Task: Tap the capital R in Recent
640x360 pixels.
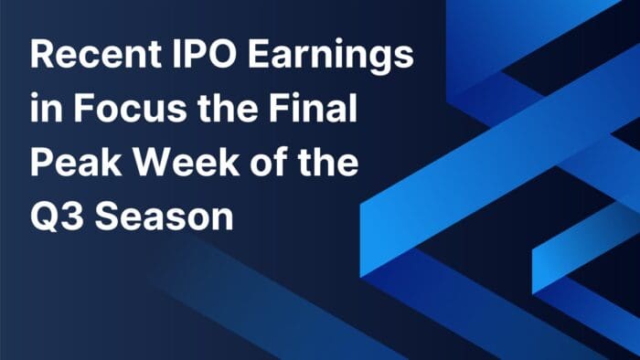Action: click(41, 56)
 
